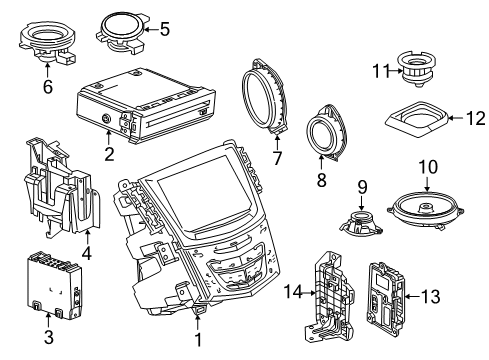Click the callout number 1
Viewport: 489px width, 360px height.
(197, 340)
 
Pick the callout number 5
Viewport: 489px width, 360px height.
(165, 29)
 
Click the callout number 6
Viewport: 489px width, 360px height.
(46, 87)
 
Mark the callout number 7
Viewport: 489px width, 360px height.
(277, 157)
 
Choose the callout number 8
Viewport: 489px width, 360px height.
(322, 180)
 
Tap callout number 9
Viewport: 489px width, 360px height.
(363, 185)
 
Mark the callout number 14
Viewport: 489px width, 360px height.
(292, 292)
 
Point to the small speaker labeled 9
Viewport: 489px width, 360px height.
(360, 221)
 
